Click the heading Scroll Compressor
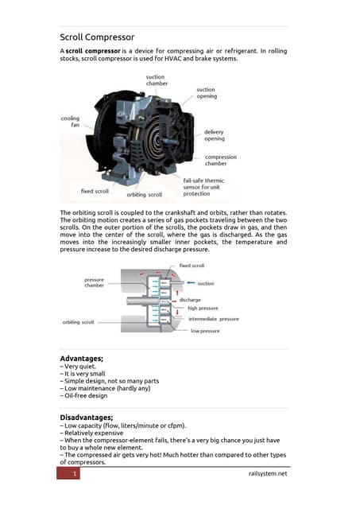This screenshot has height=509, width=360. [97, 37]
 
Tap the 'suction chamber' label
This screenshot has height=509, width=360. [156, 80]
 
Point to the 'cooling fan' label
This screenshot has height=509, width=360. [70, 122]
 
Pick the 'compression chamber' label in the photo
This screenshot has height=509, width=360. [221, 160]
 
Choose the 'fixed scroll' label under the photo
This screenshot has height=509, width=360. [95, 191]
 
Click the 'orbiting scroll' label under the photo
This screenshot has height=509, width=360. [144, 194]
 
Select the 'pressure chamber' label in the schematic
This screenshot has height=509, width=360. [97, 282]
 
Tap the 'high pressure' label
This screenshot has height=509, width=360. [203, 308]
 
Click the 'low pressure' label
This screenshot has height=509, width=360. [204, 331]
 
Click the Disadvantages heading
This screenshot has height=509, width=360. [92, 418]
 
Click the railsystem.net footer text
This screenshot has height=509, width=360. [267, 474]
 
